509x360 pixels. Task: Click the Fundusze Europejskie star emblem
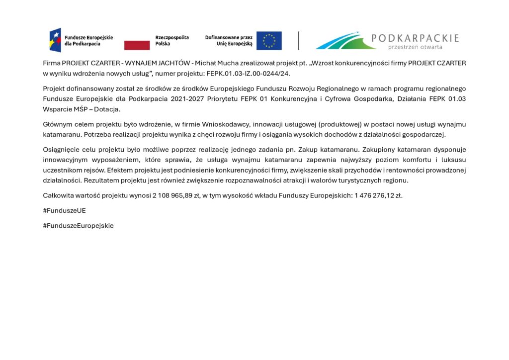pyautogui.click(x=55, y=40)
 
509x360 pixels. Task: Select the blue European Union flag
pyautogui.click(x=269, y=41)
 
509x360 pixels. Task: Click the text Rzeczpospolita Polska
pyautogui.click(x=172, y=40)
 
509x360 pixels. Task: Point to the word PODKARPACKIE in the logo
pyautogui.click(x=415, y=38)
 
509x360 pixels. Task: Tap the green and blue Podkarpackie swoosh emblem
pyautogui.click(x=345, y=41)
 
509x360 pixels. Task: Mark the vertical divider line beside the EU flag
pyautogui.click(x=298, y=41)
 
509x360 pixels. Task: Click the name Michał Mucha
pyautogui.click(x=216, y=63)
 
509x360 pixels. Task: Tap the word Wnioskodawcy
pyautogui.click(x=229, y=124)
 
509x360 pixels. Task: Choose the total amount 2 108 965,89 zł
pyautogui.click(x=171, y=195)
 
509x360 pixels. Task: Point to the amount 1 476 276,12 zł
pyautogui.click(x=378, y=195)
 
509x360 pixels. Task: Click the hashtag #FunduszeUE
pyautogui.click(x=65, y=210)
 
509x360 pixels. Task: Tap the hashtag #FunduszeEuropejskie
pyautogui.click(x=78, y=225)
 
